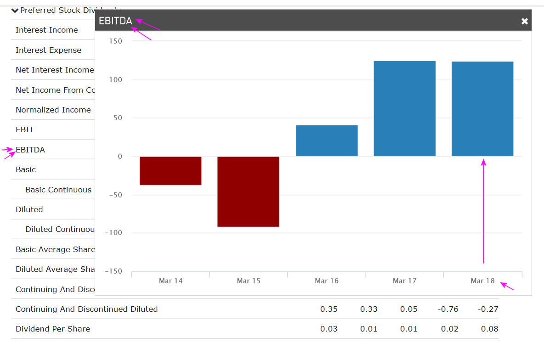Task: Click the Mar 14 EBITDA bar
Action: (170, 170)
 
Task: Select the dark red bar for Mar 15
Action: (248, 191)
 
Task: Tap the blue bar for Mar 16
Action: (327, 141)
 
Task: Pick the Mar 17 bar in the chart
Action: (404, 108)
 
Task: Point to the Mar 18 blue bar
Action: (482, 109)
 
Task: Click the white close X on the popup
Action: (525, 21)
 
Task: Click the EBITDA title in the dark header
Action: (115, 21)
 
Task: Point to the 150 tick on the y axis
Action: (116, 41)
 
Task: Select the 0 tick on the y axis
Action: (120, 157)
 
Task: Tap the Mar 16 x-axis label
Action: (327, 281)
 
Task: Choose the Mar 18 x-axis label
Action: (482, 281)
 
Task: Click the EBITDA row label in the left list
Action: (30, 150)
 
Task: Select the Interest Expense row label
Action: (48, 50)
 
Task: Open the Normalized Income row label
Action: (53, 110)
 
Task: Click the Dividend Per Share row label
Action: (53, 329)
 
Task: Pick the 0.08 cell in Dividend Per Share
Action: (489, 329)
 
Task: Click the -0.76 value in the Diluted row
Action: (448, 309)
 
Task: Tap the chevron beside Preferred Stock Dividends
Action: (15, 10)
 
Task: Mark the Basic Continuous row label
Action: (58, 190)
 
